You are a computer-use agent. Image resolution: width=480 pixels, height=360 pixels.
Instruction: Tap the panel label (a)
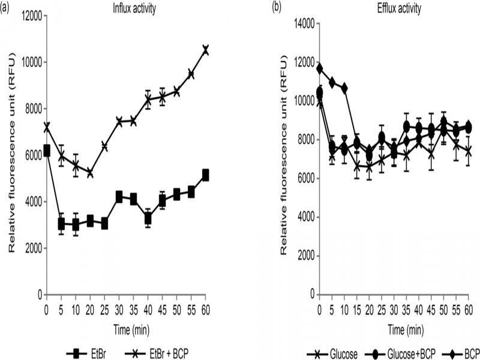click(7, 7)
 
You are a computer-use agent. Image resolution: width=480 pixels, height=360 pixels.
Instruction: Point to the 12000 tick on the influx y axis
click(28, 16)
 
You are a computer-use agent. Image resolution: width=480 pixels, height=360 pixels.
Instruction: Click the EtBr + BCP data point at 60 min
click(205, 50)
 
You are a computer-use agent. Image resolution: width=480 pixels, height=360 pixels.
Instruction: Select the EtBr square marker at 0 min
click(47, 150)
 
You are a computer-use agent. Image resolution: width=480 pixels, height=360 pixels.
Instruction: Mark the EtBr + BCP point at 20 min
click(90, 173)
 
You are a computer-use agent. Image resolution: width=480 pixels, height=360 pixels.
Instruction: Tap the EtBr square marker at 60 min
click(205, 175)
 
